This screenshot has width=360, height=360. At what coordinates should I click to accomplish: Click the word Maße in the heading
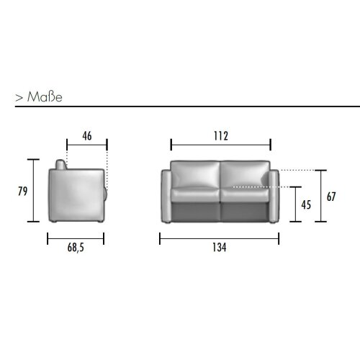[45, 96]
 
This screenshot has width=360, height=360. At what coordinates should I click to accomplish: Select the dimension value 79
[22, 191]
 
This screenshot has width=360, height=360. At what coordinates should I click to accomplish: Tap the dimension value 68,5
[76, 248]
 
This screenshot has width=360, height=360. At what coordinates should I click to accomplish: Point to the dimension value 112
[220, 135]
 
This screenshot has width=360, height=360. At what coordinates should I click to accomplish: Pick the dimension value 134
[220, 248]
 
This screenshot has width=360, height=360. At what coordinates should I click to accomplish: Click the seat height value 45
[306, 204]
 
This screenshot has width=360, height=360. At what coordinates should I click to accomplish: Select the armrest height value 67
[331, 197]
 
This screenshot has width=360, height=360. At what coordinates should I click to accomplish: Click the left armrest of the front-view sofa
[165, 196]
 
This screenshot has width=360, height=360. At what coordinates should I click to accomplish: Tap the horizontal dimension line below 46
[86, 144]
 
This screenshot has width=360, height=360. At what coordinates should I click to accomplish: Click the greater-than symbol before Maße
[18, 97]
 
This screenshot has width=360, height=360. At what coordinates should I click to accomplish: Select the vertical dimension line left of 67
[321, 197]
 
